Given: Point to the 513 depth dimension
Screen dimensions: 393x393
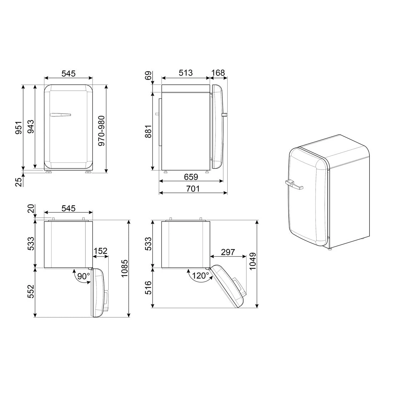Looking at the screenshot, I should pyautogui.click(x=185, y=73).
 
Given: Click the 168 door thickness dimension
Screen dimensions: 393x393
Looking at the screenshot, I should pyautogui.click(x=218, y=73).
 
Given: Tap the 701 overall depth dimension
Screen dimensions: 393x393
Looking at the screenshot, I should pyautogui.click(x=193, y=188).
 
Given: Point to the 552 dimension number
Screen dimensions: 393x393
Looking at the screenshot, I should pyautogui.click(x=31, y=292).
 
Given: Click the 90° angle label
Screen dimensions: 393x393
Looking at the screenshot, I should pyautogui.click(x=83, y=276).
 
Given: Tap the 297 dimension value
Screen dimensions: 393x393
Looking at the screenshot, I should pyautogui.click(x=228, y=252).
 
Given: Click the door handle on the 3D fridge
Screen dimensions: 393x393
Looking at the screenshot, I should pyautogui.click(x=294, y=185).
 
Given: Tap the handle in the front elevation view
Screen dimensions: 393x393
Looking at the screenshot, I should pyautogui.click(x=60, y=115).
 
